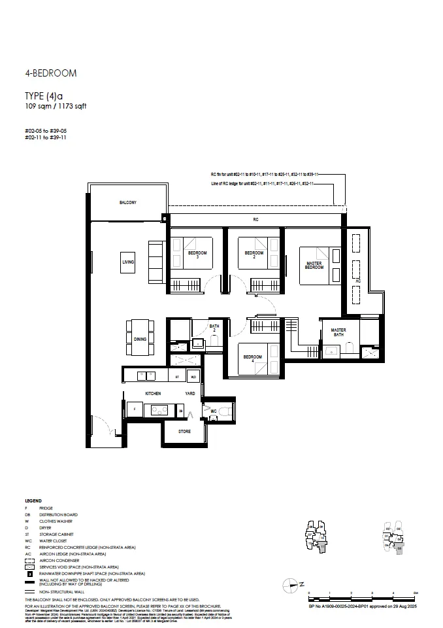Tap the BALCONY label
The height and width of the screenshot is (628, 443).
point(128,203)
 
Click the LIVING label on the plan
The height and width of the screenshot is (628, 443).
point(128,262)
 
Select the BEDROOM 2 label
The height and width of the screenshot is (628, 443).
point(254,254)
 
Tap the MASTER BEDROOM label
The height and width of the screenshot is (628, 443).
point(314,266)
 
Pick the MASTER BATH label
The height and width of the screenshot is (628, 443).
point(338,332)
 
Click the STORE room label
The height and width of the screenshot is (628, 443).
point(185,431)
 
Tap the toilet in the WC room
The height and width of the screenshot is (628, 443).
point(223,411)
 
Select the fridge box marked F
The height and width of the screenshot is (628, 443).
point(135,410)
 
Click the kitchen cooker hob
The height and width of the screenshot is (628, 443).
point(159,410)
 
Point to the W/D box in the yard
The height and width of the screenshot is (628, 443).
point(193,377)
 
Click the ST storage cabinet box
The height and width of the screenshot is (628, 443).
point(176,377)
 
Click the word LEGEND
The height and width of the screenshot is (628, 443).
point(33,500)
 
